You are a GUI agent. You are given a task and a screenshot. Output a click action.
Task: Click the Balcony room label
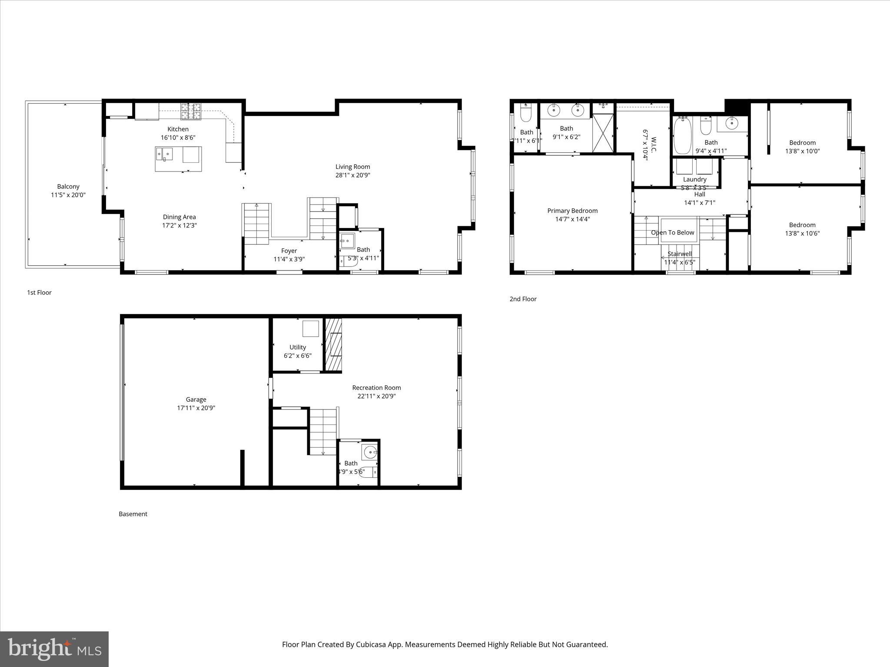pos(68,187)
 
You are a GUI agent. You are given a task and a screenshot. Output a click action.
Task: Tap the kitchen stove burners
pos(191,111)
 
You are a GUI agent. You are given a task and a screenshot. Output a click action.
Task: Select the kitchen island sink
pos(165,154)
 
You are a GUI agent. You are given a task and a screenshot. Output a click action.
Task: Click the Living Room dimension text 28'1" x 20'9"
pos(352,175)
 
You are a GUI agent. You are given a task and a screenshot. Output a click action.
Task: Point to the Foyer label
pos(289,251)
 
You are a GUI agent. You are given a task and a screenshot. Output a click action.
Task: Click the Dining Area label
pos(179,217)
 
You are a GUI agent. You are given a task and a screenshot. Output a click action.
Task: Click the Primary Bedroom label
pos(572,211)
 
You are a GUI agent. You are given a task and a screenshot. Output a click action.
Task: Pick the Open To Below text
pos(672,233)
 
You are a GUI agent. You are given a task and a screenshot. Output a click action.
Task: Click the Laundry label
pos(694,179)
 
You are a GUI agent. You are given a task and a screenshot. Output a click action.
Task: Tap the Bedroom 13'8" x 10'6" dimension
pos(802,234)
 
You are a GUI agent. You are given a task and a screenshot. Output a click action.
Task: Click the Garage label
pos(196,400)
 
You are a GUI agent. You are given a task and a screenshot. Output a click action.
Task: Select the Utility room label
pos(298,347)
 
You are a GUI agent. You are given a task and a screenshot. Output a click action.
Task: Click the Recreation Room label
pos(376,388)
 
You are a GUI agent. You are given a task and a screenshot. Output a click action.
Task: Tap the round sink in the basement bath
pos(370,452)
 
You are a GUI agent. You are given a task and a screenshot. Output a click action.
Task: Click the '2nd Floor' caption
pos(523,299)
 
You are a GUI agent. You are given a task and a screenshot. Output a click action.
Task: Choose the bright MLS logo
pos(54,649)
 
